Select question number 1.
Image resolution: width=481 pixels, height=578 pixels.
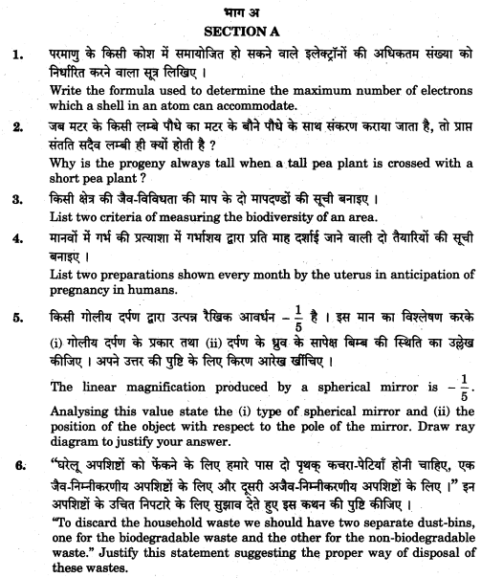point(17,56)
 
